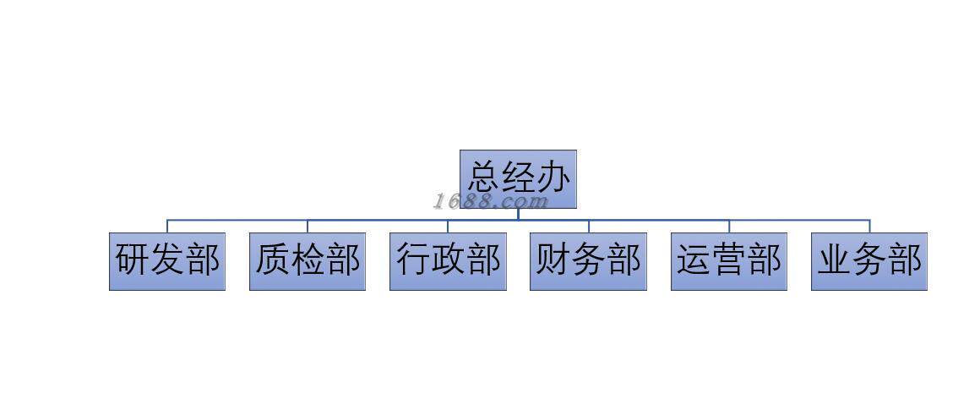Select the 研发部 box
point(167,261)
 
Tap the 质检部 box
point(308,261)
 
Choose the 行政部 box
point(448,261)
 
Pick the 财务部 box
point(588,261)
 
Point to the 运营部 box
point(729,261)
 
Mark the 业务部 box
point(869,261)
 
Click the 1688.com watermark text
point(491,201)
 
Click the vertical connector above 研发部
point(167,227)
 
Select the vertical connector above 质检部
point(308,227)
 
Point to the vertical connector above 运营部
point(729,227)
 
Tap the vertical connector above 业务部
point(869,227)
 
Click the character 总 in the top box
point(484,178)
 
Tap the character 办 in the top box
point(553,178)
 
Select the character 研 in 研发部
point(133,260)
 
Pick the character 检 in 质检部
point(308,260)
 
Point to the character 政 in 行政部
point(448,260)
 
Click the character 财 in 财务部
point(553,260)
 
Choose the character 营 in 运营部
point(729,260)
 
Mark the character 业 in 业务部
point(835,260)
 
